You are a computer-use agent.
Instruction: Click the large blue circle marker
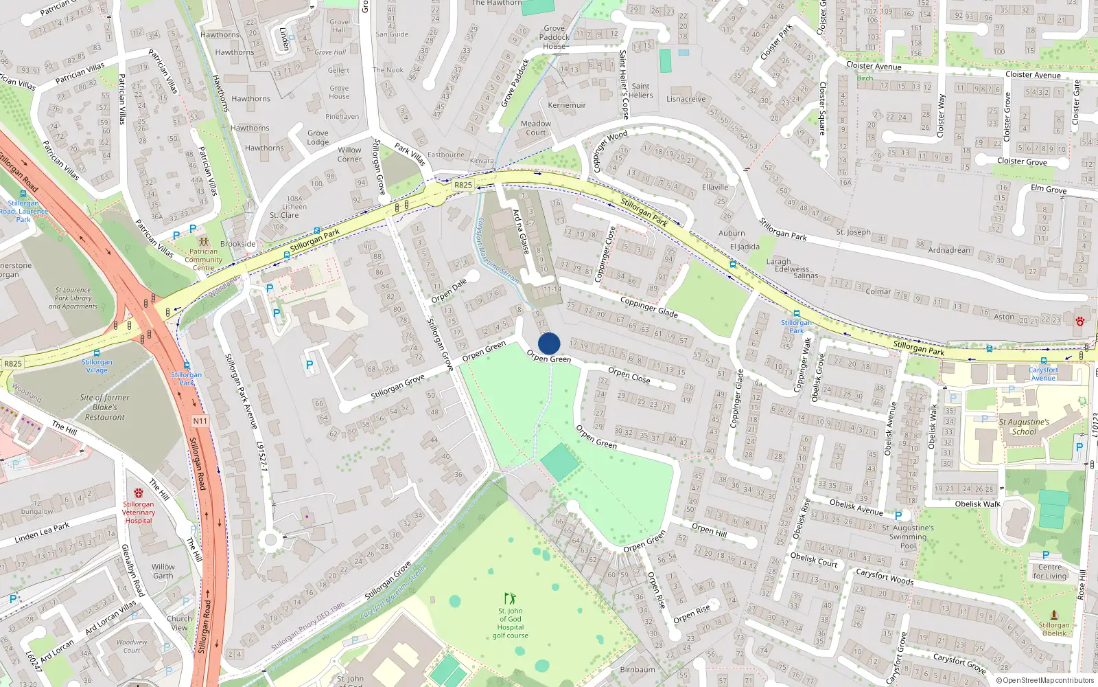[549, 343]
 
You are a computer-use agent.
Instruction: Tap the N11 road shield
[200, 421]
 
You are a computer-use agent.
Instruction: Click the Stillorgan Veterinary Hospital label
[139, 513]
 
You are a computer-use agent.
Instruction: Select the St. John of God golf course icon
[509, 599]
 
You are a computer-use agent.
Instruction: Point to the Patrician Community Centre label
[203, 260]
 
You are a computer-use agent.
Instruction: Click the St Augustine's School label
[1024, 427]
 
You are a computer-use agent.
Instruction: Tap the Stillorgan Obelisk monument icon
[1054, 615]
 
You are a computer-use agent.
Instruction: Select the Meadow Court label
[536, 128]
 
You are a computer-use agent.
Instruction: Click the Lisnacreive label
[686, 99]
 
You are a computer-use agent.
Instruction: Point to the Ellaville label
[715, 187]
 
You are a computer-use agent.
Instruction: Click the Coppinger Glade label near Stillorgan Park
[649, 307]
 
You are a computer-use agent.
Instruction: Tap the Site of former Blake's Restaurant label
[104, 407]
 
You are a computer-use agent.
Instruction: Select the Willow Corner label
[349, 155]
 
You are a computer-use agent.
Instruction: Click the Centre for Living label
[1049, 572]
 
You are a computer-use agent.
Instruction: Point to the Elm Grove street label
[1049, 189]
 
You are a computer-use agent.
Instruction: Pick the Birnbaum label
[637, 670]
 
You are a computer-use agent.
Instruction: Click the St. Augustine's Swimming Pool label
[908, 537]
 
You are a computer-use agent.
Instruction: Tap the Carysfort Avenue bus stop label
[1043, 374]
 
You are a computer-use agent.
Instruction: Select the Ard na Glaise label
[521, 232]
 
